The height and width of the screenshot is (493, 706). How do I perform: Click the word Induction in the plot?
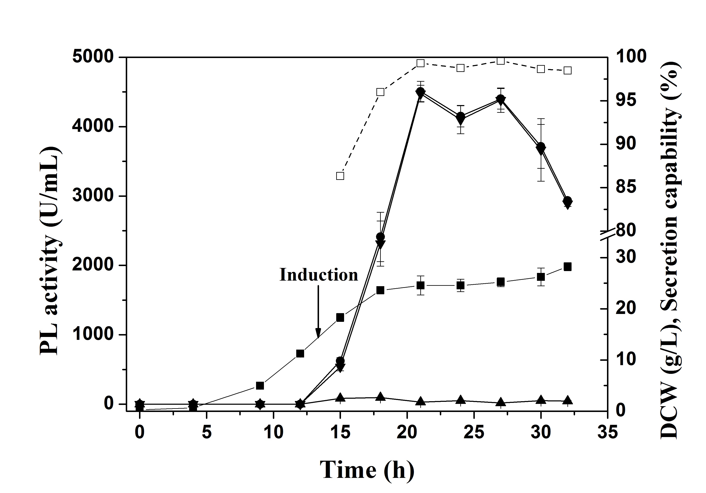pyautogui.click(x=319, y=275)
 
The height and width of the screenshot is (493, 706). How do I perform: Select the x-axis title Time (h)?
pyautogui.click(x=367, y=470)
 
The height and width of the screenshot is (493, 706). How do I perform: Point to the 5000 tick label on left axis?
pyautogui.click(x=93, y=57)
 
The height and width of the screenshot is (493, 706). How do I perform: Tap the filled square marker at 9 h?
pyautogui.click(x=260, y=386)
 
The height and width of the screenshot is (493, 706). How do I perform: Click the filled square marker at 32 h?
pyautogui.click(x=568, y=267)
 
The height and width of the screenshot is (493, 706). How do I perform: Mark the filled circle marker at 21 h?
pyautogui.click(x=420, y=92)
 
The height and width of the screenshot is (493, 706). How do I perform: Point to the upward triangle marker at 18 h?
pyautogui.click(x=380, y=396)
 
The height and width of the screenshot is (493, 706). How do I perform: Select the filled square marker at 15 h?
pyautogui.click(x=340, y=318)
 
